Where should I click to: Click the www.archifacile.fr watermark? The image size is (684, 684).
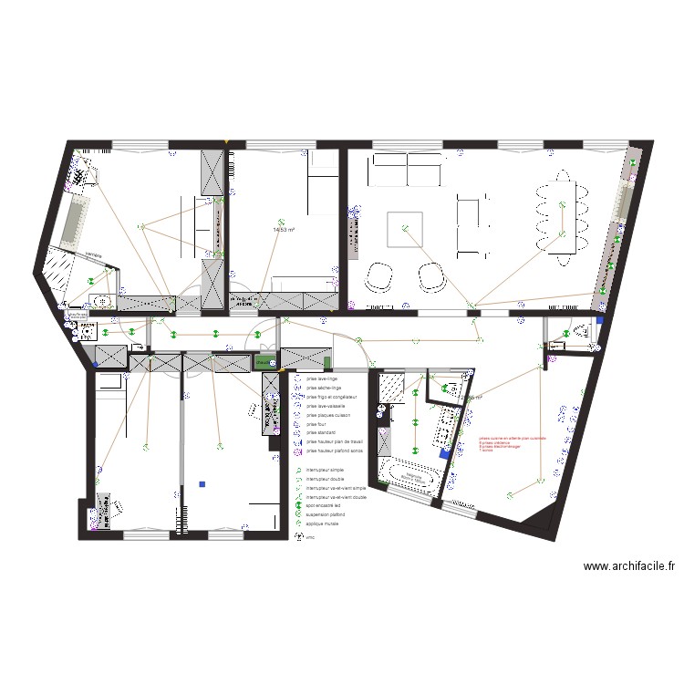point(630,566)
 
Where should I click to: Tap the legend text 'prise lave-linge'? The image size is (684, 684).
point(324,378)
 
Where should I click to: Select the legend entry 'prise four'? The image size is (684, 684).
point(316,424)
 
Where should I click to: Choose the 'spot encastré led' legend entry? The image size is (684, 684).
point(325,505)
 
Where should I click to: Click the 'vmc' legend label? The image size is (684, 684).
point(310,537)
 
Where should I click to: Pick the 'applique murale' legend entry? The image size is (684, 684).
point(324,523)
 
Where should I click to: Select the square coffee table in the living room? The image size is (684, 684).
point(406,229)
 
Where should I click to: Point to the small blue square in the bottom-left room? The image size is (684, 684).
point(202,484)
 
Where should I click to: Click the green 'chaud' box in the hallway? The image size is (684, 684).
point(264,361)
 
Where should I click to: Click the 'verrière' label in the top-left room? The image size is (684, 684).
point(93,254)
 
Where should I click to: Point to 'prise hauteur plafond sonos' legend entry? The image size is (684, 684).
point(337,451)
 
